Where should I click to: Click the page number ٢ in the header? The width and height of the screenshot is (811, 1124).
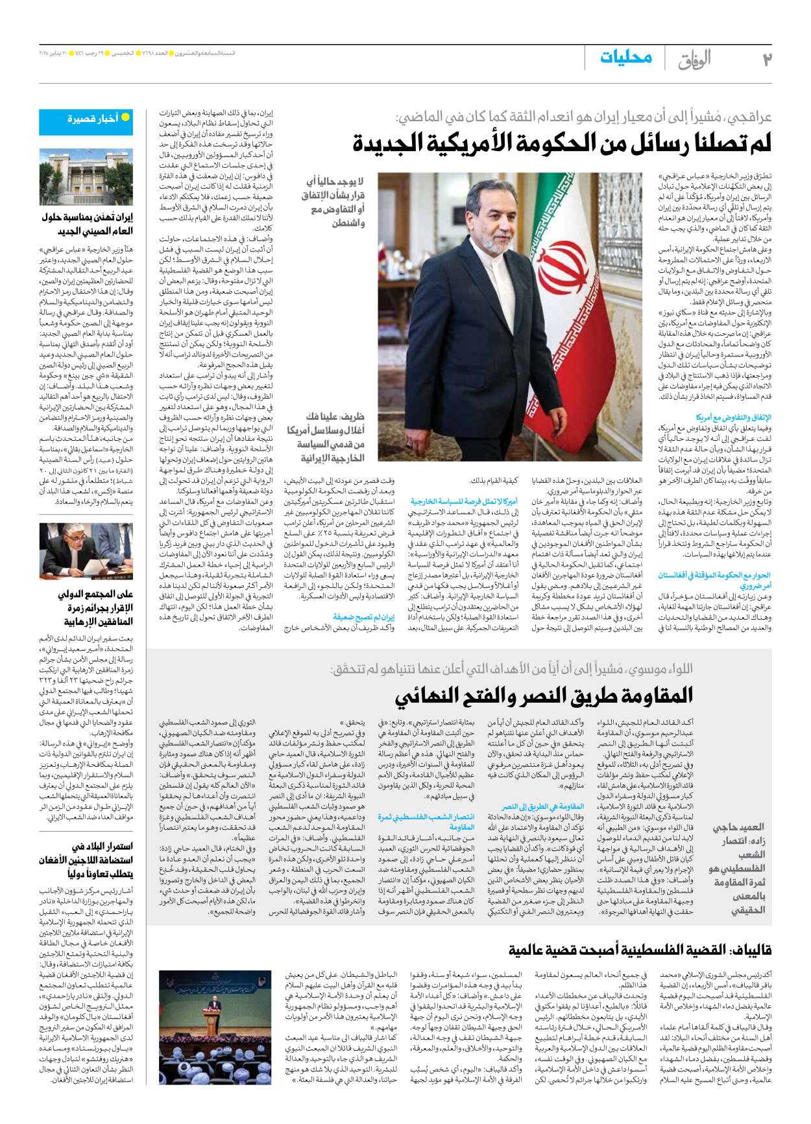767,60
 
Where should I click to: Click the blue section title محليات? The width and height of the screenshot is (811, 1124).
625,58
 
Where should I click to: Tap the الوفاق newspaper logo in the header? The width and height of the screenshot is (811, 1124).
695,60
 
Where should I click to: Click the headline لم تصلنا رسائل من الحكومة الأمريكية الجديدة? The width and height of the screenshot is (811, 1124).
562,143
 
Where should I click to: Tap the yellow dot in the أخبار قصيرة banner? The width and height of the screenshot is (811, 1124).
126,117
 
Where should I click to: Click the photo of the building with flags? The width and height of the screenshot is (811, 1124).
86,177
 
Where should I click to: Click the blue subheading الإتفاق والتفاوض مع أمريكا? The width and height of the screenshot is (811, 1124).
733,417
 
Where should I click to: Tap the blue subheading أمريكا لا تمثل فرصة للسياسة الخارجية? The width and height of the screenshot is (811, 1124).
464,501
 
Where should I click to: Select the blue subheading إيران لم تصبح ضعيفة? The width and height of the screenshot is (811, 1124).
363,617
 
